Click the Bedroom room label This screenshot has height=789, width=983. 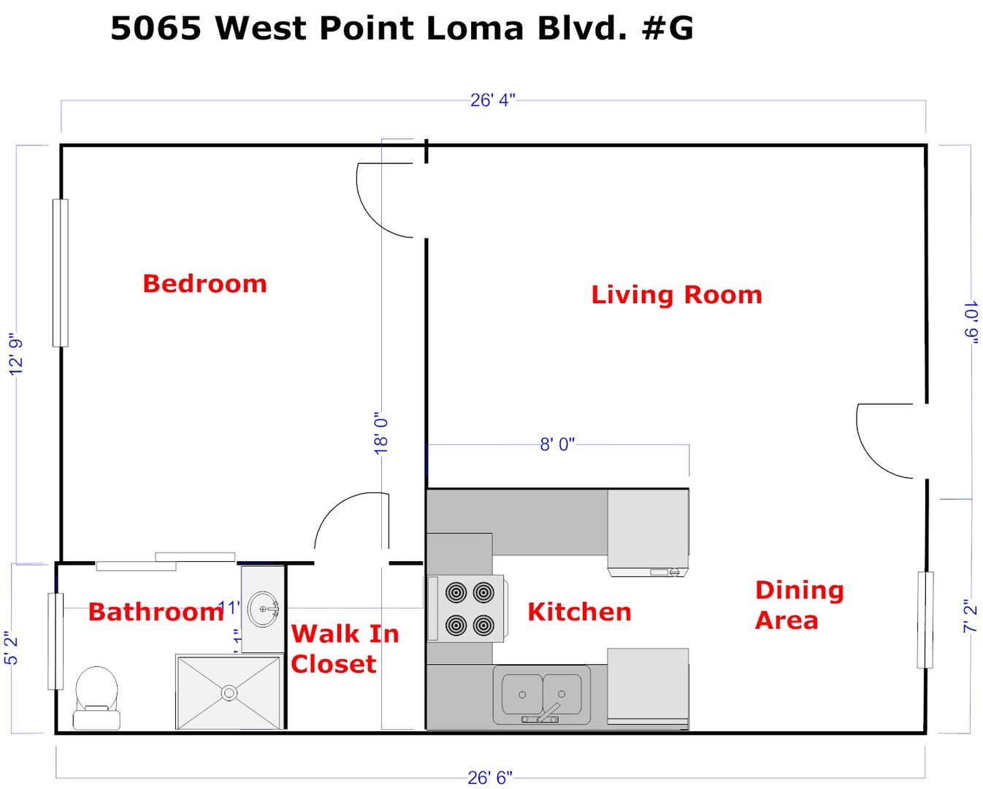pos(204,283)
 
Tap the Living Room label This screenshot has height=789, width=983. pos(676,294)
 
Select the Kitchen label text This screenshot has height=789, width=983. pos(579,611)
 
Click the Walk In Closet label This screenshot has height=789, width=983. pos(345,649)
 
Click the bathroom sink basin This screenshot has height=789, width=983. pos(263,609)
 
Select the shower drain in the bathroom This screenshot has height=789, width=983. pos(229,692)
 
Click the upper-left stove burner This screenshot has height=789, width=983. pos(456,592)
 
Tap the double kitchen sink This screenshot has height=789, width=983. pos(542,695)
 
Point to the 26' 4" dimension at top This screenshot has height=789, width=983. pos(492,100)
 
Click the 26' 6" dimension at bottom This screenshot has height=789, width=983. pos(490,778)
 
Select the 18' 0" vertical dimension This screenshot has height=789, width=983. pos(381,432)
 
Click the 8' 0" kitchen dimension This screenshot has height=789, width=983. pos(557,444)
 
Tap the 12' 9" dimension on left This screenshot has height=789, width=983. pos(16,354)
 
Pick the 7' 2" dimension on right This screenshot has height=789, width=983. pos(970,616)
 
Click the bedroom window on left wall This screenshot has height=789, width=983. pos(60,272)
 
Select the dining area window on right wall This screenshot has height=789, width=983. pos(925,620)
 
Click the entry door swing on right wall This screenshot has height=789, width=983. pos(885,441)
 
